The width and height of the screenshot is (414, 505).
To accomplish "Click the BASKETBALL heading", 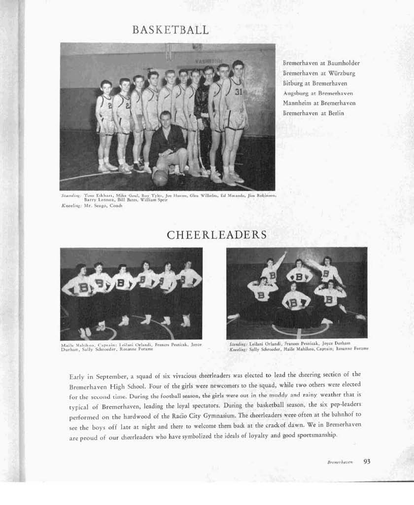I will (x=171, y=30).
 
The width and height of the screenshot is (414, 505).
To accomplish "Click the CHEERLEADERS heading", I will (x=216, y=235).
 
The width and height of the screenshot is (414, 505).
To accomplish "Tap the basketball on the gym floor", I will (x=160, y=177).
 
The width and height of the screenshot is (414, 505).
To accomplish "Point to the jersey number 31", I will (x=239, y=92).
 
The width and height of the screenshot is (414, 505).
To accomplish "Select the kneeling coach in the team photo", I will (x=168, y=145).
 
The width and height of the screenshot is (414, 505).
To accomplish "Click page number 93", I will (x=367, y=462).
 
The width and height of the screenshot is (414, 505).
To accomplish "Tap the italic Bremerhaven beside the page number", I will (x=340, y=463).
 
